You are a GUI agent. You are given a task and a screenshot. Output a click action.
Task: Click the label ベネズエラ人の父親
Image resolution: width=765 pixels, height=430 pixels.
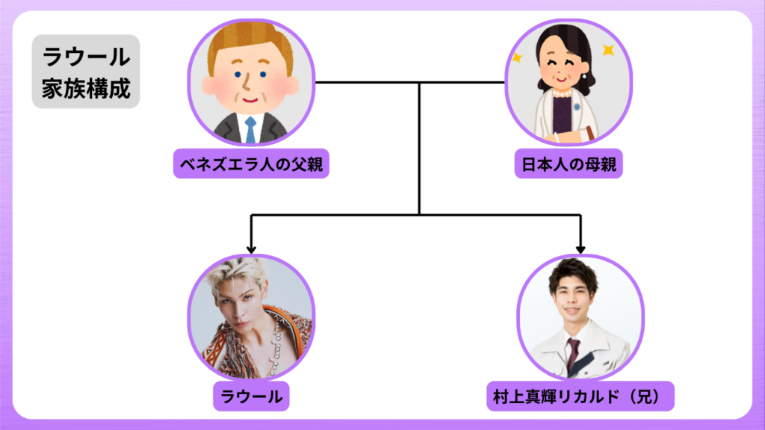251,163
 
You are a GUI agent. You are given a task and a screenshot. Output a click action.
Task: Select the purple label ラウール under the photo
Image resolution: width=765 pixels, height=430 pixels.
251,396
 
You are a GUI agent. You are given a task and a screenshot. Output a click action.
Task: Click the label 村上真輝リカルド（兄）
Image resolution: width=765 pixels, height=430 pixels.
580,396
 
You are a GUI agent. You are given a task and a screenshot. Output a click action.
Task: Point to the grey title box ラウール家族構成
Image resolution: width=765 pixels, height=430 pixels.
86,72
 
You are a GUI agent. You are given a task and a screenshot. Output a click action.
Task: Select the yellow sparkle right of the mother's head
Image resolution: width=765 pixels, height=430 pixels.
608,51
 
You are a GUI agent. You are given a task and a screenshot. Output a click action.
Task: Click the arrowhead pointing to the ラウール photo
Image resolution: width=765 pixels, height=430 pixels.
251,249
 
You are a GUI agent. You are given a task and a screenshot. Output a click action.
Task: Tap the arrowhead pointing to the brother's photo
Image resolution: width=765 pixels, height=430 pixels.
580,249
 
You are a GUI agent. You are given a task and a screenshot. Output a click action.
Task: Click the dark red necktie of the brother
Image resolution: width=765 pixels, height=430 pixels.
573,351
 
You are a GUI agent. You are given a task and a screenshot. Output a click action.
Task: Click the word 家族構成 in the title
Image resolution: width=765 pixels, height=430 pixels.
86,88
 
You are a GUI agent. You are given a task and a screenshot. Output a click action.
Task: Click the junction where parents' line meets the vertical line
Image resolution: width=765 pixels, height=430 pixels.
419,82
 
